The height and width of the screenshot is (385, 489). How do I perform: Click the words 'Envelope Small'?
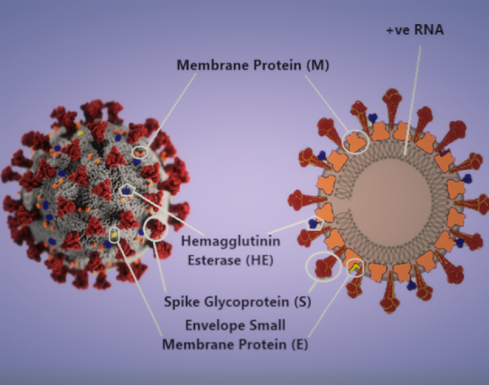(x=236, y=324)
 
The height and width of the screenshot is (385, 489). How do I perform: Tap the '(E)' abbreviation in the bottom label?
(x=296, y=344)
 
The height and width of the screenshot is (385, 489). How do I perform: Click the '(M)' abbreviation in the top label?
(x=317, y=65)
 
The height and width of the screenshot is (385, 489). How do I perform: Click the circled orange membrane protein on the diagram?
(x=355, y=141)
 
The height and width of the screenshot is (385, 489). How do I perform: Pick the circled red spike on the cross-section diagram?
(x=323, y=267)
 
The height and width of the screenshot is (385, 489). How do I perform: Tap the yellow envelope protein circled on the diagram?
(x=354, y=267)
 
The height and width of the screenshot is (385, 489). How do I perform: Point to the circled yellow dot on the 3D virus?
(x=114, y=234)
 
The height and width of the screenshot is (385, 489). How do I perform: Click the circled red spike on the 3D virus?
(x=156, y=228)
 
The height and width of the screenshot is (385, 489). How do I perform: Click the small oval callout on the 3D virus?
(x=140, y=151)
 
